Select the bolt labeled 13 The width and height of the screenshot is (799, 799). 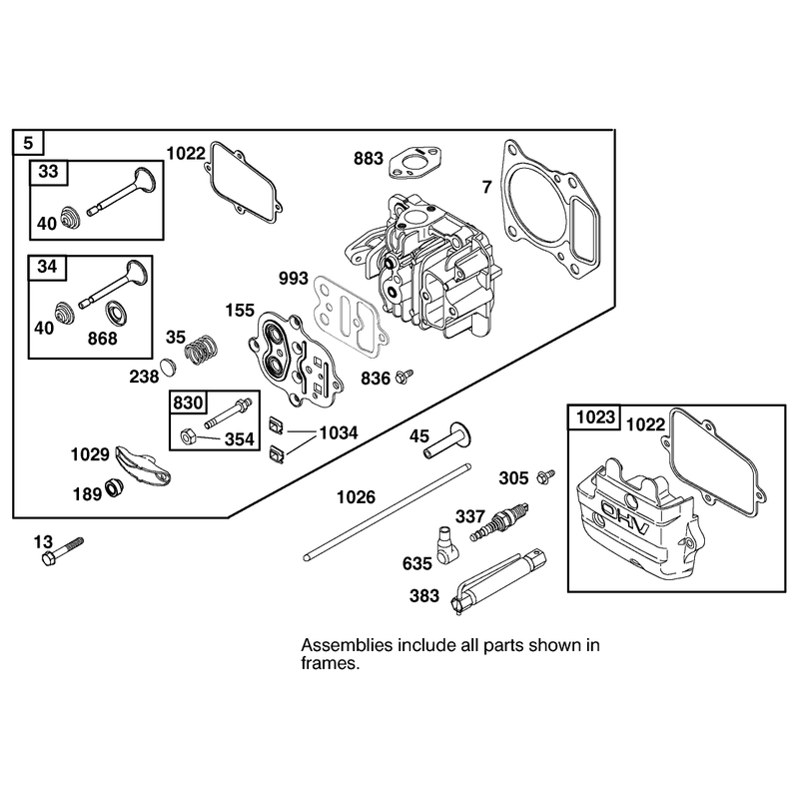(62, 551)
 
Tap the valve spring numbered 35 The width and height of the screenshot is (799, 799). (201, 349)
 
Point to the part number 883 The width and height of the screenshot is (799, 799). (368, 159)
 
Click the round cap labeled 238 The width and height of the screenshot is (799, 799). (167, 368)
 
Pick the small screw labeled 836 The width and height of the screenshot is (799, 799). (403, 377)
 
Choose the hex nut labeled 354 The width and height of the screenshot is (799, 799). (187, 436)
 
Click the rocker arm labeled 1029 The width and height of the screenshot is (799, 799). (143, 463)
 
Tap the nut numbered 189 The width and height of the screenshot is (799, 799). (114, 487)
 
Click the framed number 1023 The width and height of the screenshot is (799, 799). (595, 417)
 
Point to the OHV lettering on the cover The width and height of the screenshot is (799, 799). (625, 516)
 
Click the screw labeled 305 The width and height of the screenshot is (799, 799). (545, 476)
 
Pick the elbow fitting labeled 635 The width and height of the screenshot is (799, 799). (446, 545)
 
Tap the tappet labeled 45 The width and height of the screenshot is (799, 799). (447, 439)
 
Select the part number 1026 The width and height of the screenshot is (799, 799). (356, 496)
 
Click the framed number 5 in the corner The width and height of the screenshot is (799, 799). (28, 143)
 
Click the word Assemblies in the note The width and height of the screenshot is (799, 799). (347, 645)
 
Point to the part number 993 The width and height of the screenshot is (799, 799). (294, 279)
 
